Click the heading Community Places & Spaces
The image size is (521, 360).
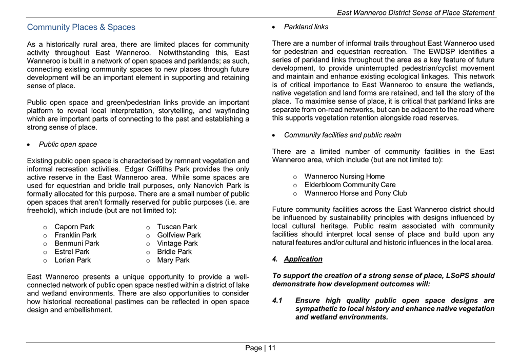pyautogui.click(x=81, y=27)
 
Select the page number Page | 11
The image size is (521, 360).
pyautogui.click(x=260, y=348)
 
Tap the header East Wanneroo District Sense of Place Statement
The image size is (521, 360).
pyautogui.click(x=415, y=12)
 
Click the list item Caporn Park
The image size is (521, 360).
pyautogui.click(x=74, y=227)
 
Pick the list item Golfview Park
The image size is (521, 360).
pyautogui.click(x=179, y=235)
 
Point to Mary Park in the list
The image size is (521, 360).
pyautogui.click(x=173, y=260)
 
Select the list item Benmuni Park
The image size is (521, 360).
pyautogui.click(x=77, y=243)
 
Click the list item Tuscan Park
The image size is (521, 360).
pyautogui.click(x=177, y=227)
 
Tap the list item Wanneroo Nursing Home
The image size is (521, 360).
pyautogui.click(x=344, y=176)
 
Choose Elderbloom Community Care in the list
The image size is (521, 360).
pyautogui.click(x=350, y=185)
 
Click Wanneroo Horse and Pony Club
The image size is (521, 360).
pyautogui.click(x=355, y=193)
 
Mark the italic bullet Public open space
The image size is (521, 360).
pyautogui.click(x=68, y=145)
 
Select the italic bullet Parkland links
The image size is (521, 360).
pyautogui.click(x=306, y=27)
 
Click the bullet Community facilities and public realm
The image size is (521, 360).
pyautogui.click(x=343, y=135)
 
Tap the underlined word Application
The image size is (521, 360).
pyautogui.click(x=303, y=259)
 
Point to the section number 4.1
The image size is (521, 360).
pyautogui.click(x=278, y=301)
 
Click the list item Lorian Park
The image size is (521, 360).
pyautogui.click(x=72, y=260)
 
